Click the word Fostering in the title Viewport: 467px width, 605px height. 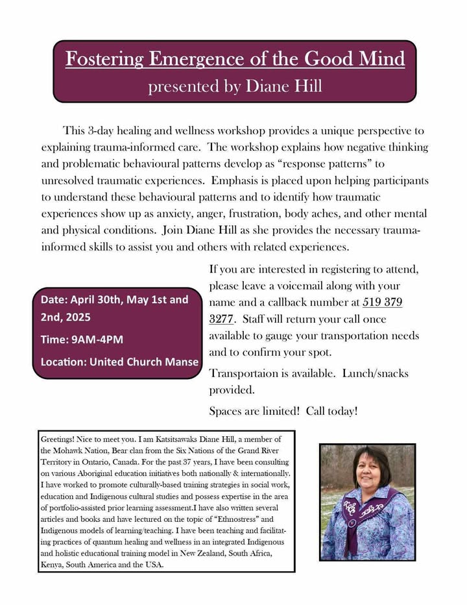pyautogui.click(x=104, y=59)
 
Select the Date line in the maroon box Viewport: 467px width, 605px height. pyautogui.click(x=114, y=300)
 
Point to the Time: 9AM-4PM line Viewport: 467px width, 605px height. pyautogui.click(x=82, y=340)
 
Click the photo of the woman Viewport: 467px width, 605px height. pyautogui.click(x=367, y=502)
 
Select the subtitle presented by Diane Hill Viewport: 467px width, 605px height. pyautogui.click(x=235, y=86)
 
